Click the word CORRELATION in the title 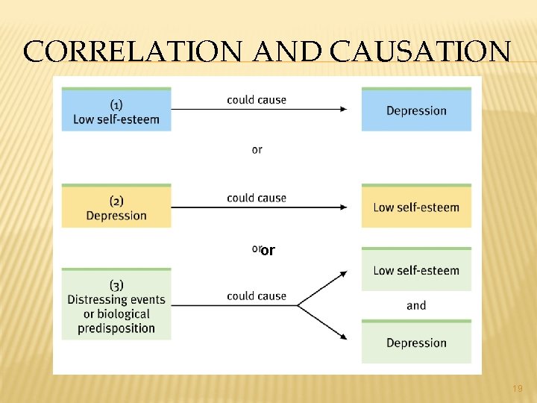pos(131,51)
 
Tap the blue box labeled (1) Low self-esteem pos(116,110)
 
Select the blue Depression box pos(416,110)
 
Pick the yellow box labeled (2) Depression pos(116,207)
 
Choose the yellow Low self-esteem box pos(416,207)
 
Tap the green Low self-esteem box pos(416,270)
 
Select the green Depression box pos(416,343)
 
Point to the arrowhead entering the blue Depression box pos(343,109)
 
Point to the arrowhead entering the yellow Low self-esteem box pos(343,207)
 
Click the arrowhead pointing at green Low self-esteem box pos(342,273)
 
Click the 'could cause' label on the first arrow pos(257,99)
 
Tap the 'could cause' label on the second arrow pos(257,198)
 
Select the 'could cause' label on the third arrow pos(257,296)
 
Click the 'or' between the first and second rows pos(257,150)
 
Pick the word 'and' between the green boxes pos(416,305)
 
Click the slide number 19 pos(518,388)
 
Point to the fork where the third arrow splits pos(298,304)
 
